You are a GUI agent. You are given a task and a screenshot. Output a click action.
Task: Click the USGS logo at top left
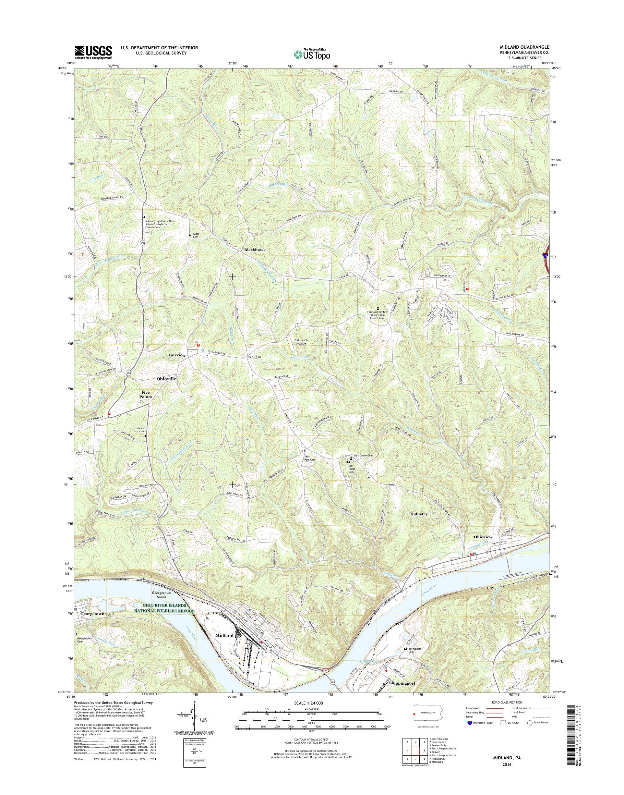[93, 52]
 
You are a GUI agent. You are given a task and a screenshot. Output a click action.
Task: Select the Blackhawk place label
[255, 250]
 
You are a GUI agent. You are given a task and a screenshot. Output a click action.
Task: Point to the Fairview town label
[177, 355]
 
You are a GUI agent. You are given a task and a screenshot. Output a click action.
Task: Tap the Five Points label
[146, 394]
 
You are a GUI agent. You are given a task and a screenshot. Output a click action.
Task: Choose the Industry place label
[419, 514]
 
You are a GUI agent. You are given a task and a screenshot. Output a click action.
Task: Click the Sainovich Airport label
[301, 342]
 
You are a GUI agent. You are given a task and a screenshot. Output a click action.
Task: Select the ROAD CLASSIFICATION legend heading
[503, 702]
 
